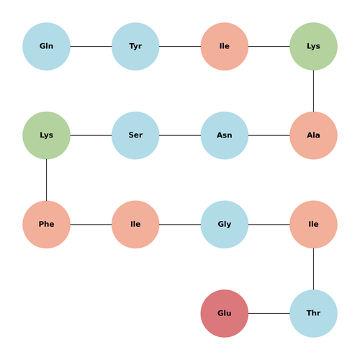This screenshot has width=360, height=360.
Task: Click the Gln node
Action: pos(46,46)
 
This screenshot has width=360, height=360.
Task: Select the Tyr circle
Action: pos(135,46)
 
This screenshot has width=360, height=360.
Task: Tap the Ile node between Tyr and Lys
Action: pos(225,46)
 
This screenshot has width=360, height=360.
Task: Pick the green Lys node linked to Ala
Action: pos(313,46)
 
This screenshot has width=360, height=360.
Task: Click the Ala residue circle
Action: pos(313,135)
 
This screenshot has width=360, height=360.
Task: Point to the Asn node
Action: pos(225,135)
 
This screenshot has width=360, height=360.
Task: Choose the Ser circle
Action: pos(135,135)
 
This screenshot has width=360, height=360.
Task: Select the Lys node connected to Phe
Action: pos(46,135)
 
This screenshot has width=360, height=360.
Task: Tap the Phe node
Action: pos(46,225)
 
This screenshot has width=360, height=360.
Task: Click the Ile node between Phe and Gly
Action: pos(135,225)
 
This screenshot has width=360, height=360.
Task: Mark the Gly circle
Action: pos(225,225)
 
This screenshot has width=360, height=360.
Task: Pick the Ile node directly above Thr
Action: pos(313,225)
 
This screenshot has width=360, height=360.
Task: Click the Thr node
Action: pos(313,313)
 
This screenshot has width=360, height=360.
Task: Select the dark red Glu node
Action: pos(225,313)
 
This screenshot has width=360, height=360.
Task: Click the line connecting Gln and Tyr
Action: pos(91,46)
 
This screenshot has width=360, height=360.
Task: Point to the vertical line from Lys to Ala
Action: pos(313,91)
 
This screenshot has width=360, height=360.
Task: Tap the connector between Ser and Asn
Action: pos(180,135)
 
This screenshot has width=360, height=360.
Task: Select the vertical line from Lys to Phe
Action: pos(46,180)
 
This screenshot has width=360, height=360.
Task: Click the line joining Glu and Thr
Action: pos(269,313)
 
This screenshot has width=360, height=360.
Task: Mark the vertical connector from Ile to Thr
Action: pos(313,269)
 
